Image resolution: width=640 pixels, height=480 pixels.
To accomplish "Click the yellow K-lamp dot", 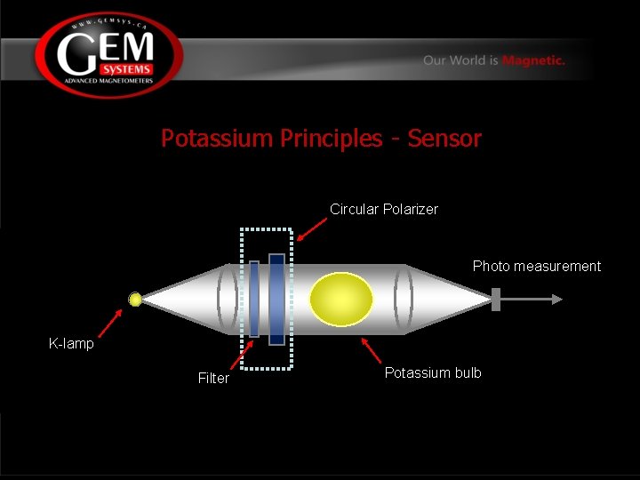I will pos(135,300).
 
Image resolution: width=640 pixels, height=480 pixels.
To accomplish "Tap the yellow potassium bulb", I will pos(340,300).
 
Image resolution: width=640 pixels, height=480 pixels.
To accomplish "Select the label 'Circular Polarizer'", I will pos(383,209).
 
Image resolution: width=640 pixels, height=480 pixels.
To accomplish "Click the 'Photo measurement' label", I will pos(536,266).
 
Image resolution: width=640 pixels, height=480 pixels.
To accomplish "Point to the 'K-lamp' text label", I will pos(71,343).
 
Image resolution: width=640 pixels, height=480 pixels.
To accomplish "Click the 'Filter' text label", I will pos(213,378).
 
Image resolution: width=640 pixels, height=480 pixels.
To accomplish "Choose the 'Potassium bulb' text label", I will pos(433,372).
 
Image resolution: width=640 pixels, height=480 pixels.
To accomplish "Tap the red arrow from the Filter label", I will pos(241,355).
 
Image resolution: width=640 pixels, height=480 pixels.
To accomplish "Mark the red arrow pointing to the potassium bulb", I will pos(372,349).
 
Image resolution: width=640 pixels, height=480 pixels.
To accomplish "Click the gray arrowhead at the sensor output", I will pos(556,300).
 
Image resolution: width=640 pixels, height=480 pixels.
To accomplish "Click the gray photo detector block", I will pos(496,300).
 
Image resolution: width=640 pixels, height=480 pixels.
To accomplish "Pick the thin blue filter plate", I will pos(254,299).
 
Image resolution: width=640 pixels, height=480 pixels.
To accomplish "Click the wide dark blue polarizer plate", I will pos(276,300).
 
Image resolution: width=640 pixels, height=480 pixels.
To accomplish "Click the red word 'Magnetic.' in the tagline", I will pos(533,60).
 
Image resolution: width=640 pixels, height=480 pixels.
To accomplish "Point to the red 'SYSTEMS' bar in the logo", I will pos(125,69).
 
